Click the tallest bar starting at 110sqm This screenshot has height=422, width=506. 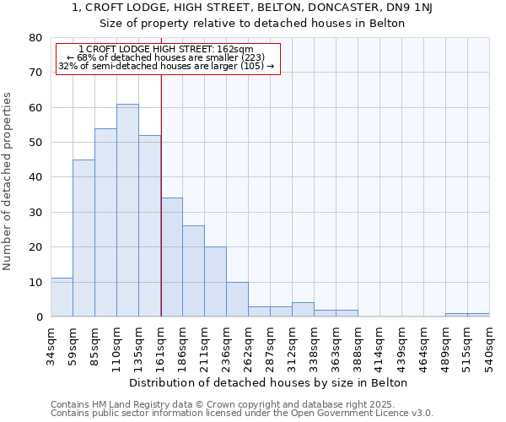(127, 210)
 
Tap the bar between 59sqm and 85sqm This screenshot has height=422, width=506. (83, 238)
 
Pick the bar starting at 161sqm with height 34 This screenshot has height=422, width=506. (171, 257)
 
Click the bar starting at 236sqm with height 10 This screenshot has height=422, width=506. (237, 299)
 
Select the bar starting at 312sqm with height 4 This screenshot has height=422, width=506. (303, 310)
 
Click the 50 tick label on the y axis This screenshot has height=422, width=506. (35, 143)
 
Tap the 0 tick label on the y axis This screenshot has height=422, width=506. (38, 317)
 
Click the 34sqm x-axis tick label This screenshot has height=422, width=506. (51, 344)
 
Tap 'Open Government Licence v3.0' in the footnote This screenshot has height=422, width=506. (361, 414)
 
